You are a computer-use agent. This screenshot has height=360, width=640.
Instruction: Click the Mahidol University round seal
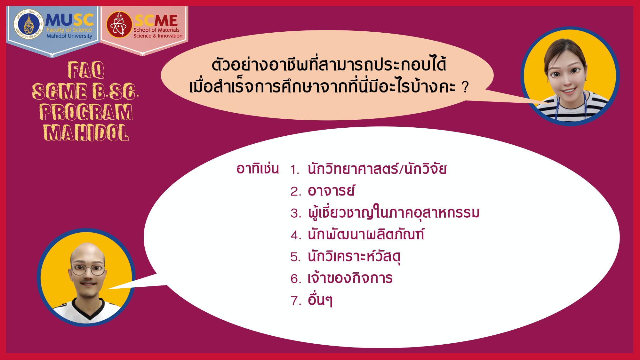coord(29,25)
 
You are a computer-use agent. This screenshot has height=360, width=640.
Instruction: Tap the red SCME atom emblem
coord(119,25)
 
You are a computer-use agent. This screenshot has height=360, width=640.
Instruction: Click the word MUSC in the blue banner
coord(69,20)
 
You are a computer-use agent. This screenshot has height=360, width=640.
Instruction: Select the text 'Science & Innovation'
coord(158,36)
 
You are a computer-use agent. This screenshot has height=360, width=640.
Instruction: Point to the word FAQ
coord(86,70)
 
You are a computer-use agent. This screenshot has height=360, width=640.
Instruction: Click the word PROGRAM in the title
coord(86,112)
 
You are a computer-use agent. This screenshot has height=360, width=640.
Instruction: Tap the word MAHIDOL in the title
coord(86,133)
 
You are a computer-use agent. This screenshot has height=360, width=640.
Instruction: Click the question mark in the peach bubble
coord(465,87)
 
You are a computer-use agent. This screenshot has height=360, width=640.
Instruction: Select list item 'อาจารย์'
coord(331,191)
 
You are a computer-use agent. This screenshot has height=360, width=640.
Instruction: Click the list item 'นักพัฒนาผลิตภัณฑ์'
coord(366,234)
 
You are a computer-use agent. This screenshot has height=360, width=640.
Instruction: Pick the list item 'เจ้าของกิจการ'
coord(350,278)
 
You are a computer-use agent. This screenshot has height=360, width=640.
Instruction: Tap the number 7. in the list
coord(296,301)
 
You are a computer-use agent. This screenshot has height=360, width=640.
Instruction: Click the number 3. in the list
coord(296,213)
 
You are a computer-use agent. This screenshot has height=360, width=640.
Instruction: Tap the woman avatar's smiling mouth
coord(569,91)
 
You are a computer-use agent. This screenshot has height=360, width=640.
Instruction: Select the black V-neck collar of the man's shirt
coord(88,309)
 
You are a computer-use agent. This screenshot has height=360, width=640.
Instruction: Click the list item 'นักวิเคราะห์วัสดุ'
coord(354,257)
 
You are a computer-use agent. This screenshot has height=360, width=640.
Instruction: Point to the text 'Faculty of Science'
coord(69,30)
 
